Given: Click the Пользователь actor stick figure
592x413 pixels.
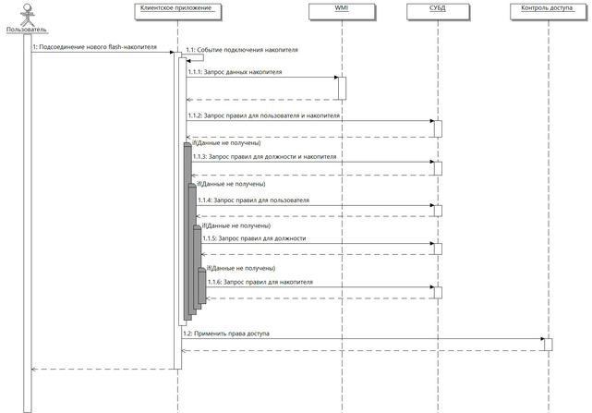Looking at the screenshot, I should click(x=25, y=17).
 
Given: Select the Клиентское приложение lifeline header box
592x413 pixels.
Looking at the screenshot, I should click(x=178, y=9).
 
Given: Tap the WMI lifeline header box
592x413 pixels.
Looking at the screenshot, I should click(x=341, y=9).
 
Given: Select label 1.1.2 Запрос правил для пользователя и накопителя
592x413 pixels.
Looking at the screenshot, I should click(x=262, y=116).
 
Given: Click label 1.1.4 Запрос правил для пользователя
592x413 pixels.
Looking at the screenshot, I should click(x=254, y=200).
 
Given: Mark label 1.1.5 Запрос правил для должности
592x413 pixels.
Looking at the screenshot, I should click(x=254, y=238).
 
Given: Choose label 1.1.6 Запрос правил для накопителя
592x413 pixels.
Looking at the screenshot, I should click(x=259, y=282).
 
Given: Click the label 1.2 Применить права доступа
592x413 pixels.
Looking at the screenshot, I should click(x=226, y=333).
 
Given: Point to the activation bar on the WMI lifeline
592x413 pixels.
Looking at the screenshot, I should click(x=341, y=88).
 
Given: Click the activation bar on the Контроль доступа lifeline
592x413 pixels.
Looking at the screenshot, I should click(x=548, y=345).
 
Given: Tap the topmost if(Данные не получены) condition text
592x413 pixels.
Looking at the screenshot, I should click(x=225, y=143).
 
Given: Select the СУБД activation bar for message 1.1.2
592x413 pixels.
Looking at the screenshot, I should click(x=438, y=128).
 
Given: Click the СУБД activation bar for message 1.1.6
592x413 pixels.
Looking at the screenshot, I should click(x=438, y=292).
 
